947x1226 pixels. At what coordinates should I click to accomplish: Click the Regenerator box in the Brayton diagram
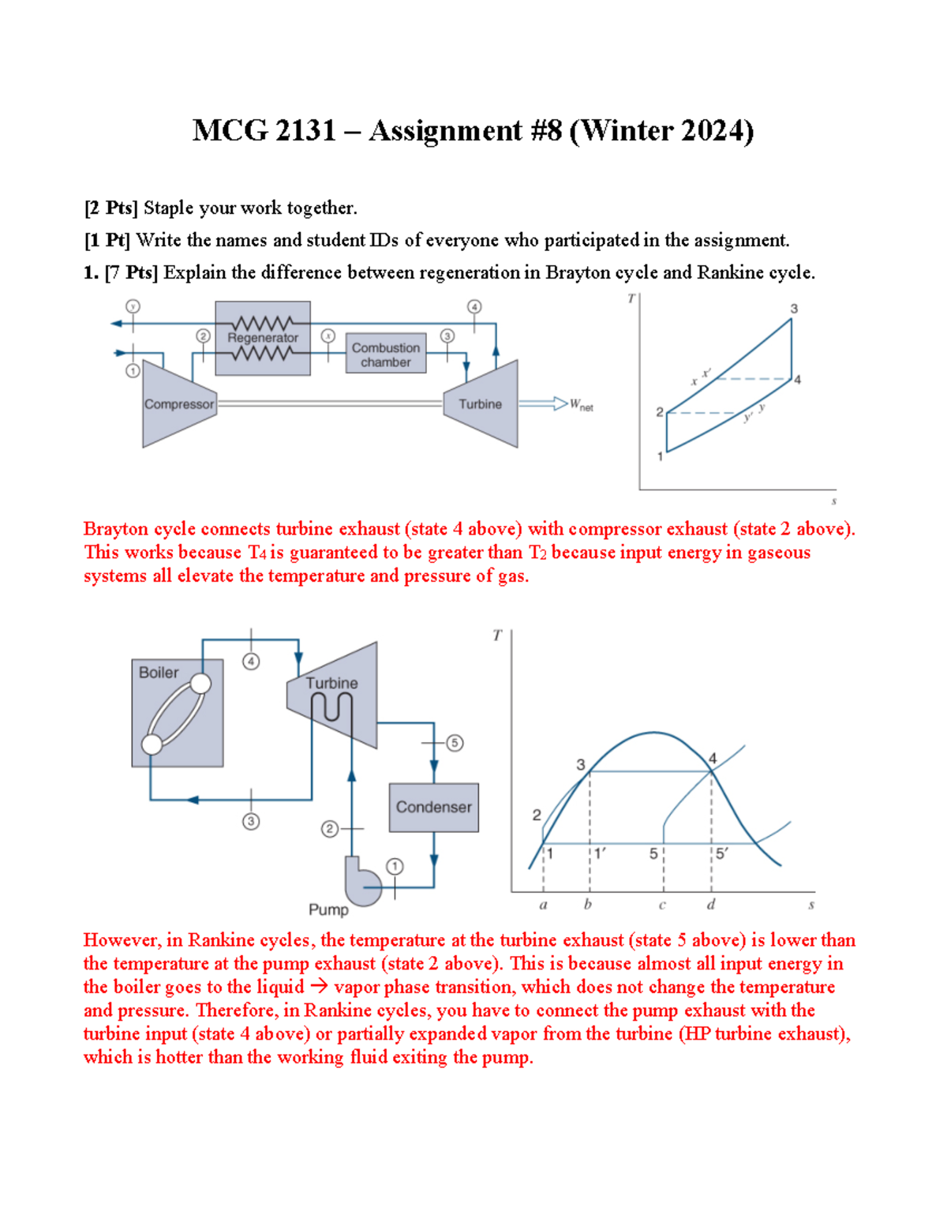[262, 338]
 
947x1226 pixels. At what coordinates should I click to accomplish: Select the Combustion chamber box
[386, 353]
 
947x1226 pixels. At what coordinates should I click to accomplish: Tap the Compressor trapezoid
[179, 404]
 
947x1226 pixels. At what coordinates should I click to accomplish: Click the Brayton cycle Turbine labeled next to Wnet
[481, 404]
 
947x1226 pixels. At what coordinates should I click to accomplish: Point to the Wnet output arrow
[543, 403]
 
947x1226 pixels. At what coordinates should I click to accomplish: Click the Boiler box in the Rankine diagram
[177, 713]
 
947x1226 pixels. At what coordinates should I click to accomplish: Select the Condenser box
[434, 808]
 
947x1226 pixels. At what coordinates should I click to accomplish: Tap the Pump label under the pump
[328, 909]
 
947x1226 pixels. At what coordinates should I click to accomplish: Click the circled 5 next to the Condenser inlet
[455, 743]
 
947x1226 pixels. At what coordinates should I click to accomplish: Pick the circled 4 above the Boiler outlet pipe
[251, 662]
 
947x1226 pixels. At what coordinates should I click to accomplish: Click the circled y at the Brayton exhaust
[133, 306]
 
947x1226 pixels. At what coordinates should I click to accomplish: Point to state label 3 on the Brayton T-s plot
[794, 309]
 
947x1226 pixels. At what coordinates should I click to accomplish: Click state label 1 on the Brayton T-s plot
[660, 456]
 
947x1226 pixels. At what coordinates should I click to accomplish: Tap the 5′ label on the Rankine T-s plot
[723, 853]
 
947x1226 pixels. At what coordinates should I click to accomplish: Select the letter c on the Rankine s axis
[662, 905]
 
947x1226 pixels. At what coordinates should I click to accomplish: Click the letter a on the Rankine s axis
[543, 905]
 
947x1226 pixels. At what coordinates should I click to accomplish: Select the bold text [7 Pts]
[132, 272]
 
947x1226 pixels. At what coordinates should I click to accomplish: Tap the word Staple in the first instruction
[169, 208]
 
